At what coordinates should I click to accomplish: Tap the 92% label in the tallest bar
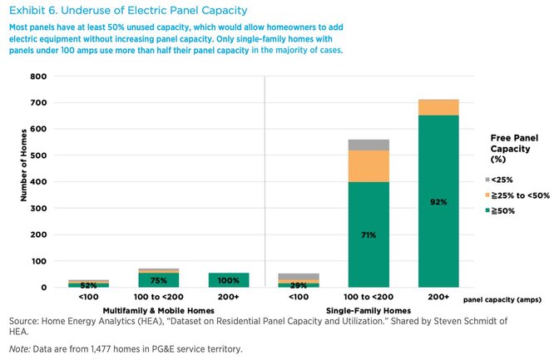coord(438,202)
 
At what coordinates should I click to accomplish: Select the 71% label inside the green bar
coord(369,235)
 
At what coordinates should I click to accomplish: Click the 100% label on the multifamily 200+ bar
coord(229,281)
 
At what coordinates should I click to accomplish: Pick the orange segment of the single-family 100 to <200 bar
coord(369,165)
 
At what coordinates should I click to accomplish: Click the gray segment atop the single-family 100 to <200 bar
coord(369,145)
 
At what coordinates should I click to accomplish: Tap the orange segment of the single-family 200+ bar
coord(438,107)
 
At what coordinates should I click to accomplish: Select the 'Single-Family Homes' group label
coord(369,309)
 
